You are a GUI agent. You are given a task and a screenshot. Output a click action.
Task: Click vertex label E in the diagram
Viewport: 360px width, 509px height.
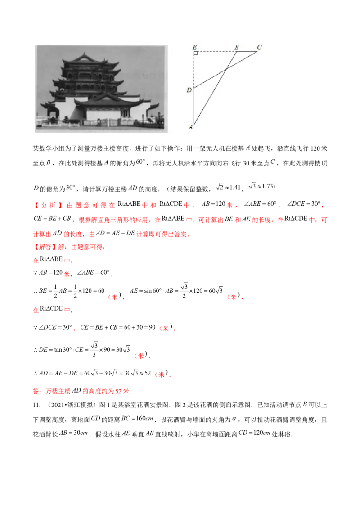coord(194,47)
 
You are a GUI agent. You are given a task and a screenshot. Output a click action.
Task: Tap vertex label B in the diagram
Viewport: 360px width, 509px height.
coord(237,47)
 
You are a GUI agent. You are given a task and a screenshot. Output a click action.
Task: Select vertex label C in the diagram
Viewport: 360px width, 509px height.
coord(259,47)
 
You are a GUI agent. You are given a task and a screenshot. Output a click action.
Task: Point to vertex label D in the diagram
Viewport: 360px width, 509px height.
coord(189,90)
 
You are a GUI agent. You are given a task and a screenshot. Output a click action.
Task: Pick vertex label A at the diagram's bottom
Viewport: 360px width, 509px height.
coord(191,127)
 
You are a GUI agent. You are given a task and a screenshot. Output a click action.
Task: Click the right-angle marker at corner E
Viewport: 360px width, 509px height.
coord(196,53)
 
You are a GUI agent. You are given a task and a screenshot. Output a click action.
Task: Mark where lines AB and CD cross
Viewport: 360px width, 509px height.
coord(226,69)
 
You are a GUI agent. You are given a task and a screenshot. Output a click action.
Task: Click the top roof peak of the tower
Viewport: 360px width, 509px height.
coord(84,54)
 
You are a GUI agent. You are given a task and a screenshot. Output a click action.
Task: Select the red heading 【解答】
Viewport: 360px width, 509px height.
coord(44,247)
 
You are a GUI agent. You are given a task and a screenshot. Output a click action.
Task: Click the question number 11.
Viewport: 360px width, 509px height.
coord(36,405)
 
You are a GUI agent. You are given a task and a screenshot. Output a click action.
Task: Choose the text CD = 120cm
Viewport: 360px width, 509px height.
coord(254,433)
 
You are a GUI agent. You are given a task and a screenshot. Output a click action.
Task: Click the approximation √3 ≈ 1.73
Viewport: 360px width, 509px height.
coord(261,186)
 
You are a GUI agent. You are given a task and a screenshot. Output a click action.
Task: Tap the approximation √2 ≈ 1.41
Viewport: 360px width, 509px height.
coord(228,187)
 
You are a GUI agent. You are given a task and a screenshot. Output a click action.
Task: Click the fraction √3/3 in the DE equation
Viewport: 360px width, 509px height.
coord(94,349)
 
